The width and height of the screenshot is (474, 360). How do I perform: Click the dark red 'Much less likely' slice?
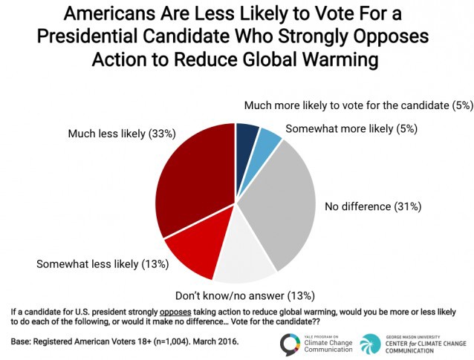point(193,178)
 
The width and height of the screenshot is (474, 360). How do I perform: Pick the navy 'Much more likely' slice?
point(247,141)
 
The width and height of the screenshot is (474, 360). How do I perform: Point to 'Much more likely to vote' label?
point(357,105)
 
